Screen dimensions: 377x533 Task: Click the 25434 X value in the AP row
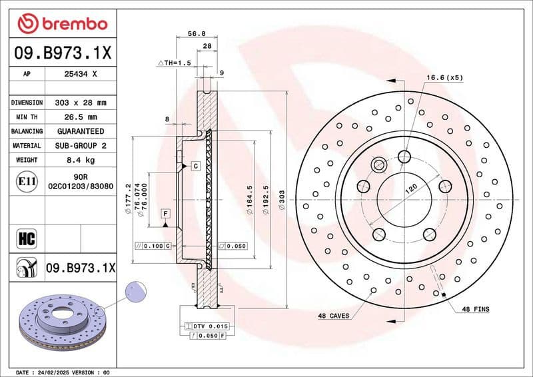point(79,75)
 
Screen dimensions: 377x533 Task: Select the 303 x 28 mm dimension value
point(79,103)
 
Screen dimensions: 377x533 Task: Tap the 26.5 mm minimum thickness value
point(79,117)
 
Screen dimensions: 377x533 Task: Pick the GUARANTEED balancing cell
point(79,131)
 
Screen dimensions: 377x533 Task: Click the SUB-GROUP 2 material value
point(79,145)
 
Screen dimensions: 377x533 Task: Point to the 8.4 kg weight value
point(79,160)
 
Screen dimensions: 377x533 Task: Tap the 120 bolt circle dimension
point(411,190)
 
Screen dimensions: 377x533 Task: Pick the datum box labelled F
point(165,213)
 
